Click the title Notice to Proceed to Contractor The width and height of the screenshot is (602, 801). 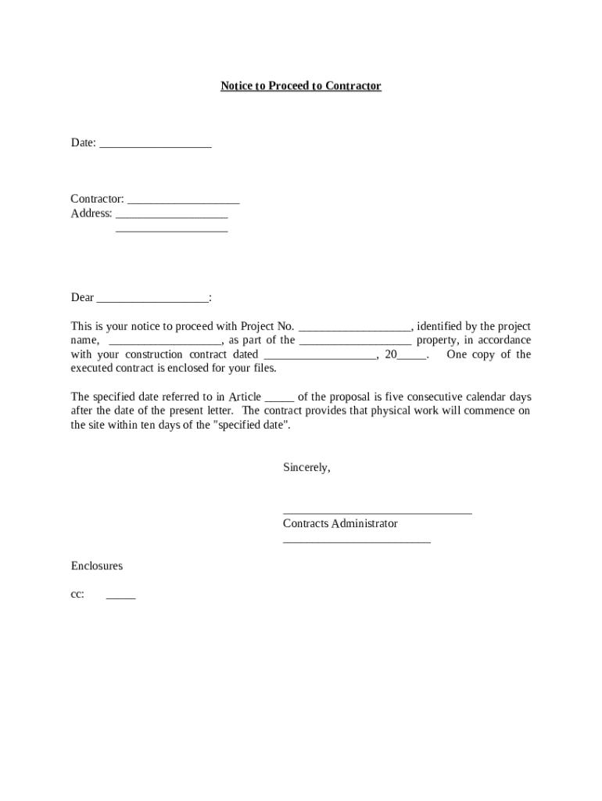point(300,86)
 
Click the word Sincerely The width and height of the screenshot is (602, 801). point(306,468)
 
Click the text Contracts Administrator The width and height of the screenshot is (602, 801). point(340,524)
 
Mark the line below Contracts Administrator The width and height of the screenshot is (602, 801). point(357,541)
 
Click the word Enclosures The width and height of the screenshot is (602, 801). point(97,566)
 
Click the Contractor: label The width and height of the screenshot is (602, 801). point(98,199)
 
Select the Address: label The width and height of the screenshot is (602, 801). point(91,214)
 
